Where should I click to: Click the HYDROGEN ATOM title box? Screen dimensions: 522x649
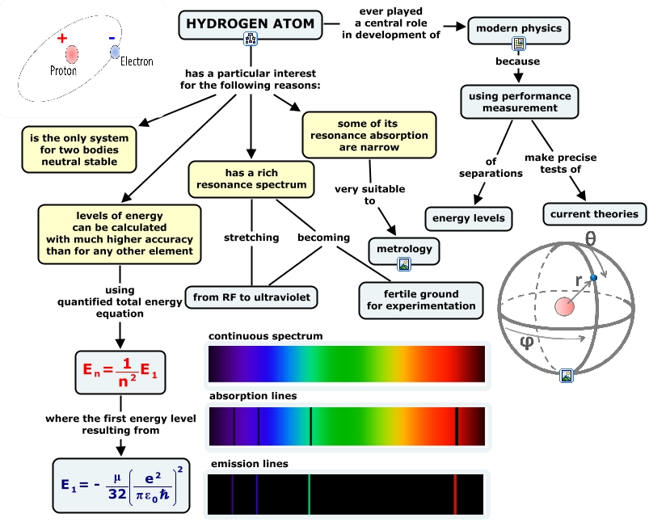tap(251, 23)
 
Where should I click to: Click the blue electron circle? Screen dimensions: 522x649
tap(115, 52)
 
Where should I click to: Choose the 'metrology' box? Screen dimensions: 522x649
tap(404, 249)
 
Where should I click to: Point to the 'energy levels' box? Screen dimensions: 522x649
tap(469, 217)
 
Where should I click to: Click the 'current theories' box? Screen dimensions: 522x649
tap(594, 214)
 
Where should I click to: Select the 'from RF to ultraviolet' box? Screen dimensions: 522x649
tap(251, 297)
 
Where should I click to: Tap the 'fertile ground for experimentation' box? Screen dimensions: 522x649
tap(421, 300)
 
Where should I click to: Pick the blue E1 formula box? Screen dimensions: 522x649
tap(120, 486)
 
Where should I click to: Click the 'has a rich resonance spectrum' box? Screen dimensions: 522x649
tap(251, 178)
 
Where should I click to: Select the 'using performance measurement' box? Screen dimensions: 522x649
tap(520, 102)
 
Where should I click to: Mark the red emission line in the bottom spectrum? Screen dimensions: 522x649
tap(455, 494)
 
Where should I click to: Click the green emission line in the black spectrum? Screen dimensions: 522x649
tap(309, 494)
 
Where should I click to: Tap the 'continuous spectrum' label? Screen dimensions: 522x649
tap(266, 335)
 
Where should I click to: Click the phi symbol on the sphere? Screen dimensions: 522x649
tap(526, 343)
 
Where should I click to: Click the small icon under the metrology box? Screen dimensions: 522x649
tap(404, 264)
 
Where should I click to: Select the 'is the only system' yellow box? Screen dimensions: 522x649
tap(79, 149)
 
